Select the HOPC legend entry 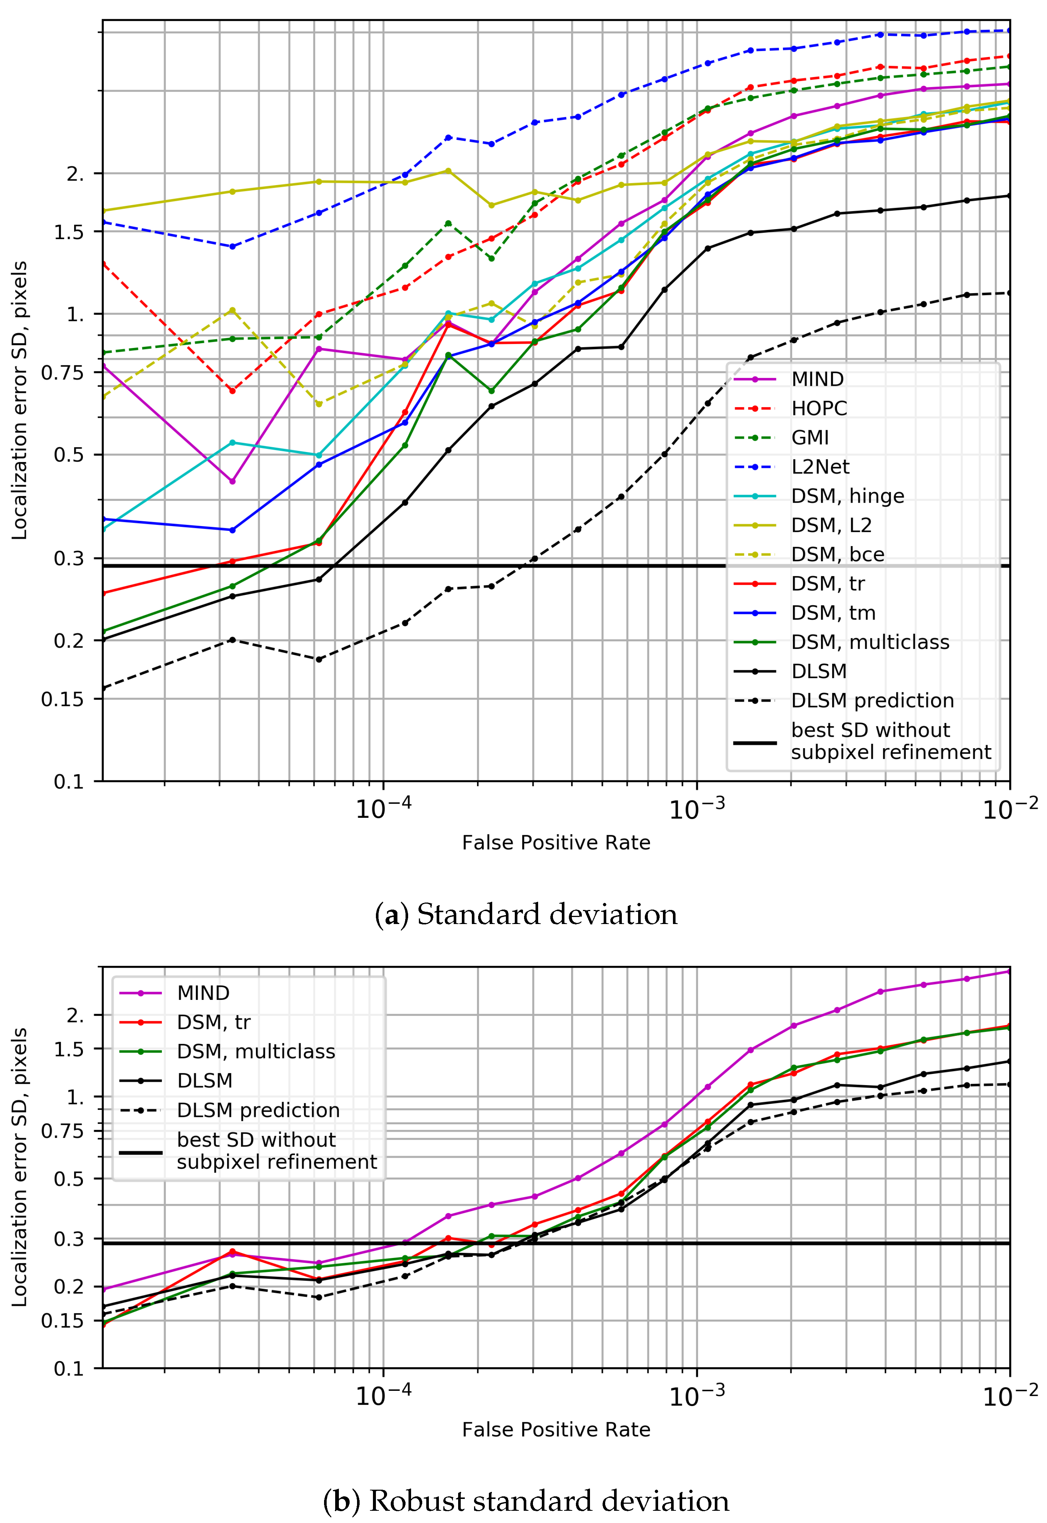pyautogui.click(x=819, y=408)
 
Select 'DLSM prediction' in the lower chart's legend pyautogui.click(x=258, y=1110)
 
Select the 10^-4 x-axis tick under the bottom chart pyautogui.click(x=383, y=1397)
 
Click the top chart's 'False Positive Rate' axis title pyautogui.click(x=556, y=843)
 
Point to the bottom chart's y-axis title pyautogui.click(x=20, y=1167)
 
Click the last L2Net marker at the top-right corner pyautogui.click(x=1009, y=31)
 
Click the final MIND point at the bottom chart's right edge pyautogui.click(x=1009, y=972)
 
